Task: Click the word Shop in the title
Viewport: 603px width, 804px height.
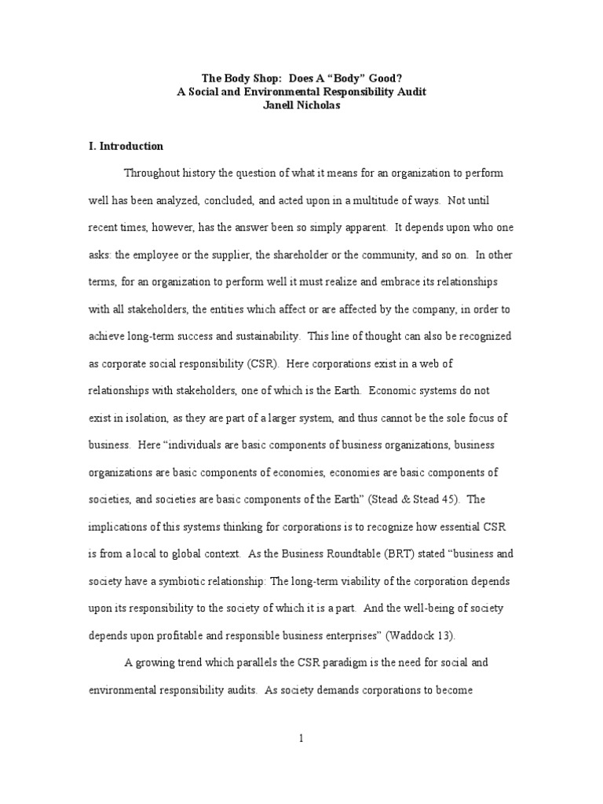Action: coord(250,79)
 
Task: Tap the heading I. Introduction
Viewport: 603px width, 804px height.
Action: coord(126,146)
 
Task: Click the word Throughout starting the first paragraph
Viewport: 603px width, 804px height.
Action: coord(153,173)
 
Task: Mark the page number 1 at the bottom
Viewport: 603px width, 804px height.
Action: coord(301,738)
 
